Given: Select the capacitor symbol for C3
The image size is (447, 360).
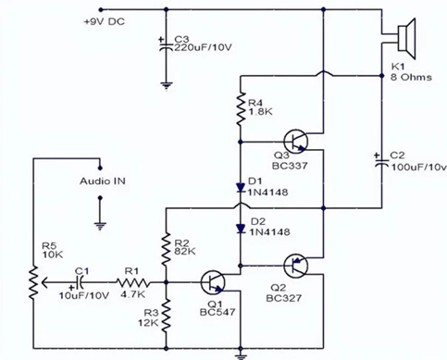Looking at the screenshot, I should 166,46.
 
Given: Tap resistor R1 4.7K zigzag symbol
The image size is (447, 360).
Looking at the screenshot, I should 134,282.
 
